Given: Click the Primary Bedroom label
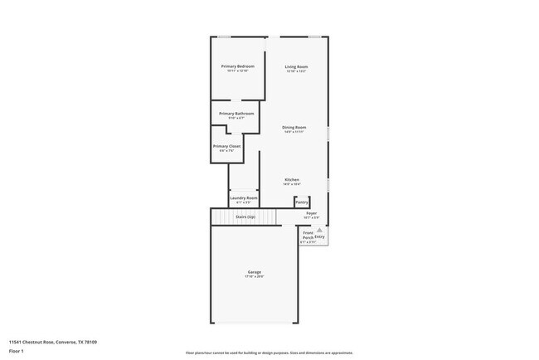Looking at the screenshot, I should (x=237, y=66).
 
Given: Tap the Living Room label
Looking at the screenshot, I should (x=296, y=66).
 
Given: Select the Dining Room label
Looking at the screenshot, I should (x=294, y=127).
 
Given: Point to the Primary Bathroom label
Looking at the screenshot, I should (x=236, y=114).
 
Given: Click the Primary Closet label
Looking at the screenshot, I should (x=226, y=146).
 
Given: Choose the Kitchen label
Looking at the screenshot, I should (x=292, y=179).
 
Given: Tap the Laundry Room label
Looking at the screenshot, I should (x=244, y=197).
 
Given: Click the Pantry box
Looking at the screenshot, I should (x=302, y=202).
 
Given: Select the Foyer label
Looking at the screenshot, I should (x=312, y=213).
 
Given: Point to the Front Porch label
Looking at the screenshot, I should (x=308, y=236).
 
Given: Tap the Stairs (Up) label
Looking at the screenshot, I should (x=245, y=216).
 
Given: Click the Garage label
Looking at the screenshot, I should (x=254, y=272).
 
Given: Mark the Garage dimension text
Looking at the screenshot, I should (x=254, y=277).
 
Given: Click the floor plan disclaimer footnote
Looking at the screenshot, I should (x=269, y=353).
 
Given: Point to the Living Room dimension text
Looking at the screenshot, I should (x=296, y=71).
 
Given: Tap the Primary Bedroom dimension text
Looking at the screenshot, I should (x=237, y=71).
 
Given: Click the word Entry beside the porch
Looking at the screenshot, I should (x=319, y=237).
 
